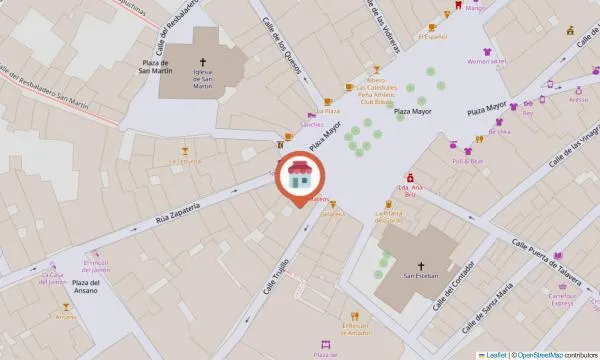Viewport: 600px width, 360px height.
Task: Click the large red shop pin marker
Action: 299,178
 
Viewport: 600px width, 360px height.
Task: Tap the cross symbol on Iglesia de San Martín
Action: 203,60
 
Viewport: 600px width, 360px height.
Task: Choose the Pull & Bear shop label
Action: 467,160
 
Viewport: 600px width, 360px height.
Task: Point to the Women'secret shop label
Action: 487,60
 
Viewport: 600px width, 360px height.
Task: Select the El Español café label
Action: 431,37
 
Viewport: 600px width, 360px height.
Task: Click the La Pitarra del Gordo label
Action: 388,215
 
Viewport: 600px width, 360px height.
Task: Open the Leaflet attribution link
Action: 493,354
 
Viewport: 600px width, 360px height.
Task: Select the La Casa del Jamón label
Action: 52,277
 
